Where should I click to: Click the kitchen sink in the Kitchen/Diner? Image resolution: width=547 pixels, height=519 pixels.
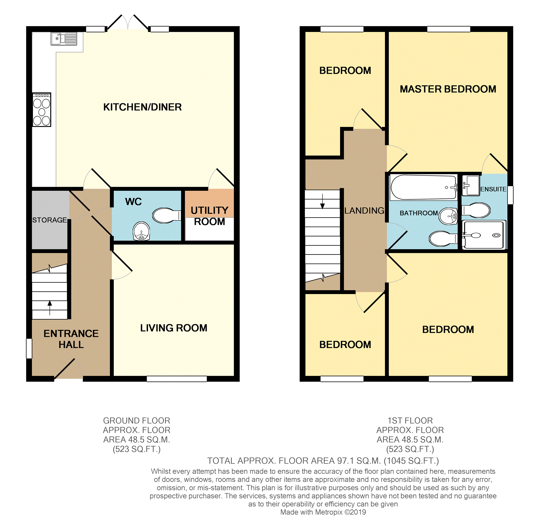(64, 39)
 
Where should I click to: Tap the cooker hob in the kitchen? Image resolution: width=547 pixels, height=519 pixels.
(42, 110)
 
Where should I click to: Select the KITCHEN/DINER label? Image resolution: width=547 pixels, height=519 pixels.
(142, 107)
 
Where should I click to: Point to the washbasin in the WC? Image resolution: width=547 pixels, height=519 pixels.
(141, 231)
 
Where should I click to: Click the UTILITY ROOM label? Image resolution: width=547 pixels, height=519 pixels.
(209, 216)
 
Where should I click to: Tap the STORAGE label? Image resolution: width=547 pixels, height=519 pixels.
(49, 220)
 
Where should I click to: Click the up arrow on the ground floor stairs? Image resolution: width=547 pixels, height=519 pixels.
(50, 308)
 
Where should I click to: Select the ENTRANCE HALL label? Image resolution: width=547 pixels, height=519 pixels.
(71, 339)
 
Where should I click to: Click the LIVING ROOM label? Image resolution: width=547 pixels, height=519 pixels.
(174, 328)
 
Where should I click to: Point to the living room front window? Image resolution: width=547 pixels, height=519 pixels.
(177, 379)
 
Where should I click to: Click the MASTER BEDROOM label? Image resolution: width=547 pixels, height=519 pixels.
(448, 89)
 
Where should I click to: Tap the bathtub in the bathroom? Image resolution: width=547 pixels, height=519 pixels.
(423, 187)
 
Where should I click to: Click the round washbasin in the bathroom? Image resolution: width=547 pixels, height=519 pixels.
(448, 216)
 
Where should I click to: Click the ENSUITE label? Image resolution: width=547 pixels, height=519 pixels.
(493, 189)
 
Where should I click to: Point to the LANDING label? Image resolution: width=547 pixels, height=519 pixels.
(364, 210)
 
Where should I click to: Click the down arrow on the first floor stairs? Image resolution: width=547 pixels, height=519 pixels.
(323, 201)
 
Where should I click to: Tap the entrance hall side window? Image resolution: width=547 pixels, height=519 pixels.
(29, 348)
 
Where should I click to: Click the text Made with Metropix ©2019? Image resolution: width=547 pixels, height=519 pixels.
(323, 512)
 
